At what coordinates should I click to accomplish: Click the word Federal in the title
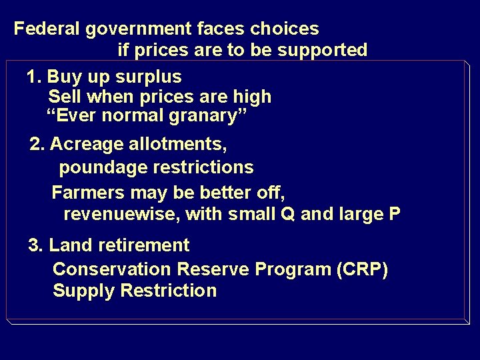tap(45, 29)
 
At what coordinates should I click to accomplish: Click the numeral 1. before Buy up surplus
tap(35, 77)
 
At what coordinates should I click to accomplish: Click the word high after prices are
tap(252, 97)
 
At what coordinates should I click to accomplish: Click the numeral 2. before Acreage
tap(38, 144)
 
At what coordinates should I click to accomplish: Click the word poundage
tap(100, 167)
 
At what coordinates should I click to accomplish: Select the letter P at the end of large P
tap(395, 214)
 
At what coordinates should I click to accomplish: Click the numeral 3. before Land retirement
tap(36, 245)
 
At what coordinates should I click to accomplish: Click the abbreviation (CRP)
tap(363, 269)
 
